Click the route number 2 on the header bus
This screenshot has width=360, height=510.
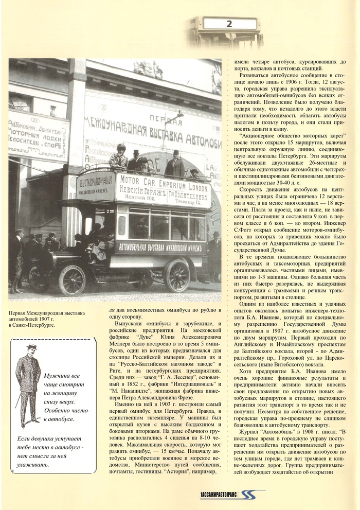(229, 24)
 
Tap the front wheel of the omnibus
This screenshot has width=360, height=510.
(73, 280)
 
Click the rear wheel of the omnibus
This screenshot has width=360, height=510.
(177, 275)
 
